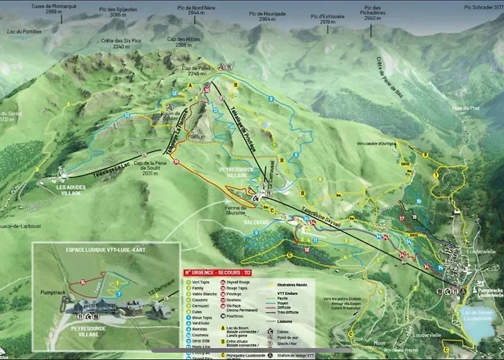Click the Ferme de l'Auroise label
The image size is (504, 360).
[238, 210]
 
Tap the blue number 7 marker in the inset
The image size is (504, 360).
[118, 294]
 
